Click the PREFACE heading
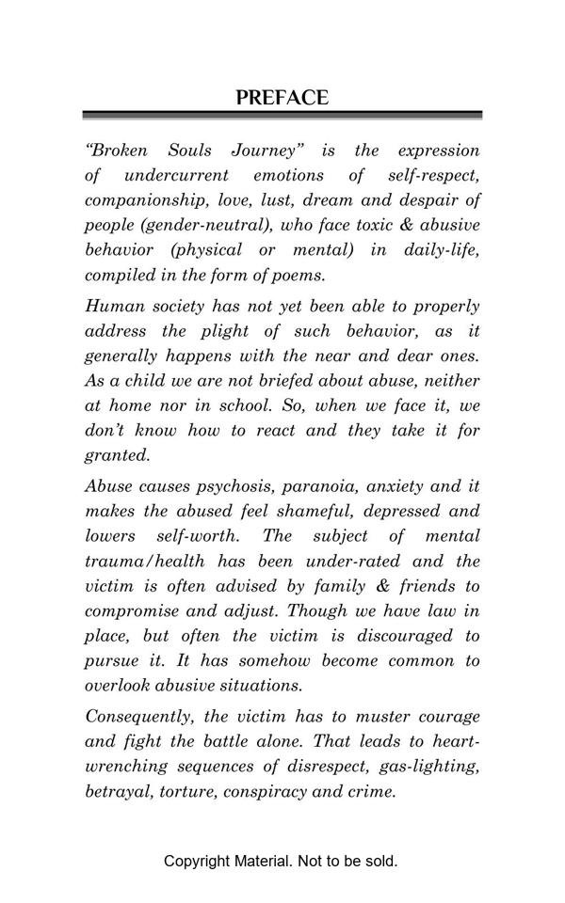tap(282, 98)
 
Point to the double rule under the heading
tap(282, 116)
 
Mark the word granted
tap(117, 455)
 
